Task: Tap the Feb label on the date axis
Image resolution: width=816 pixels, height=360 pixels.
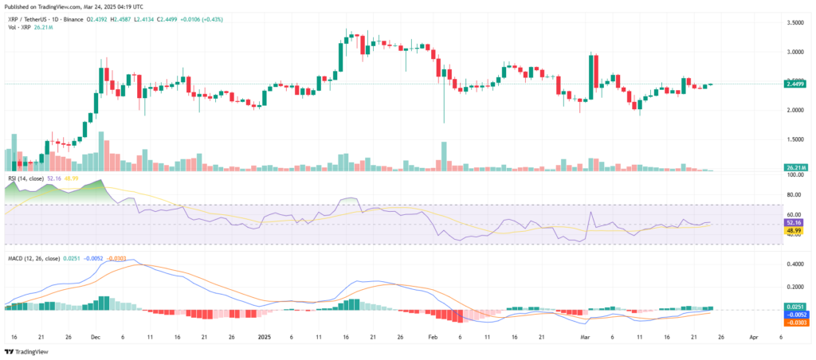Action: coord(432,337)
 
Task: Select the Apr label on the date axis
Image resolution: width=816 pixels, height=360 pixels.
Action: coord(754,337)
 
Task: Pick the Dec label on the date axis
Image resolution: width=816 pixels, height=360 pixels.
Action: coord(96,337)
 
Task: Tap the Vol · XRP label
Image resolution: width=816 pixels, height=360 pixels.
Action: coord(18,28)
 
